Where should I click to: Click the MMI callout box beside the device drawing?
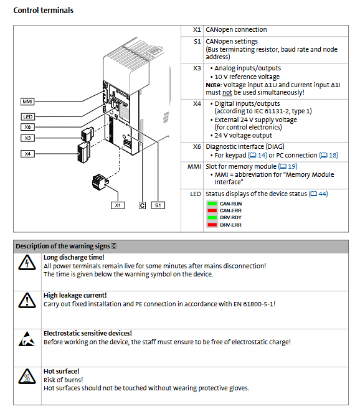tap(27, 101)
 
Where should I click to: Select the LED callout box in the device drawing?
tap(28, 116)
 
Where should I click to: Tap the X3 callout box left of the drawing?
tap(28, 138)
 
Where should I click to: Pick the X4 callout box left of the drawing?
tap(28, 154)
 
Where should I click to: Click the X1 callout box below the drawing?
tap(118, 205)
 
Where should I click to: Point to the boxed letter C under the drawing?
tap(142, 205)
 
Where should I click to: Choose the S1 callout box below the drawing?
tap(158, 205)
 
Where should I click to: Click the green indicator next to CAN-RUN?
tap(212, 204)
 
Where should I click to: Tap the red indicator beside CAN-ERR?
tap(212, 210)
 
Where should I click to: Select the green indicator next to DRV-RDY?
tap(212, 217)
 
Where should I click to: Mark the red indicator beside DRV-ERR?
tap(212, 225)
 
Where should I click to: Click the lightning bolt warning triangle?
tap(27, 263)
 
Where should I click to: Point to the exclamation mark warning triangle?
tap(27, 301)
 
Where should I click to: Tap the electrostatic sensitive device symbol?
tap(27, 339)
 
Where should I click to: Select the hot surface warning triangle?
tap(27, 377)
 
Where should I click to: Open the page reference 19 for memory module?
tap(288, 166)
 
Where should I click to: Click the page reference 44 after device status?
tap(318, 194)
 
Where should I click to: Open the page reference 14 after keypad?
tap(257, 155)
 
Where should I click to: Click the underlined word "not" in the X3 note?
tap(227, 92)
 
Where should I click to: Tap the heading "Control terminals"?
tap(44, 11)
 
